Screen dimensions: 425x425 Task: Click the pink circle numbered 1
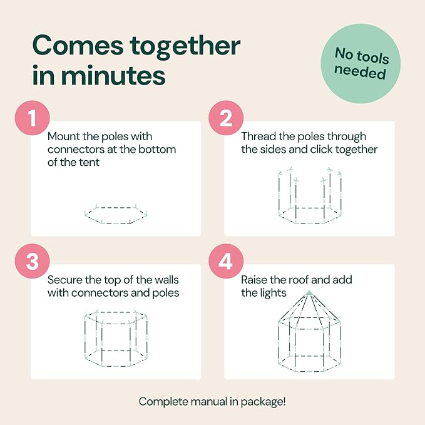click(33, 118)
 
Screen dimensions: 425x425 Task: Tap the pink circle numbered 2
click(226, 118)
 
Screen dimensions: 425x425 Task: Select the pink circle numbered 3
click(33, 261)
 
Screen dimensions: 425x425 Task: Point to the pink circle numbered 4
click(226, 261)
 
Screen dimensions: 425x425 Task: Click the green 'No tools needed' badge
click(361, 64)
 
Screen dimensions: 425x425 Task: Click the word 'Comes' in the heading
click(78, 46)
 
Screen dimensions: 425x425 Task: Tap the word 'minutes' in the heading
click(113, 75)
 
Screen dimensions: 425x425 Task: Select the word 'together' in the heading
click(185, 48)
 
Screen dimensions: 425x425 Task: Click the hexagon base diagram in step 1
click(116, 214)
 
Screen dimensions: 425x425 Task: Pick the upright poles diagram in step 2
click(310, 196)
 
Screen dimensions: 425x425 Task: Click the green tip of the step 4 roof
click(309, 293)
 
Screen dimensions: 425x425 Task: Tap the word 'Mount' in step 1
click(63, 136)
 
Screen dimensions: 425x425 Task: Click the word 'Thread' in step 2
click(259, 136)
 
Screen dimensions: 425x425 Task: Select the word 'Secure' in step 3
click(64, 280)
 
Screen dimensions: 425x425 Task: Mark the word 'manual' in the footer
click(208, 402)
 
